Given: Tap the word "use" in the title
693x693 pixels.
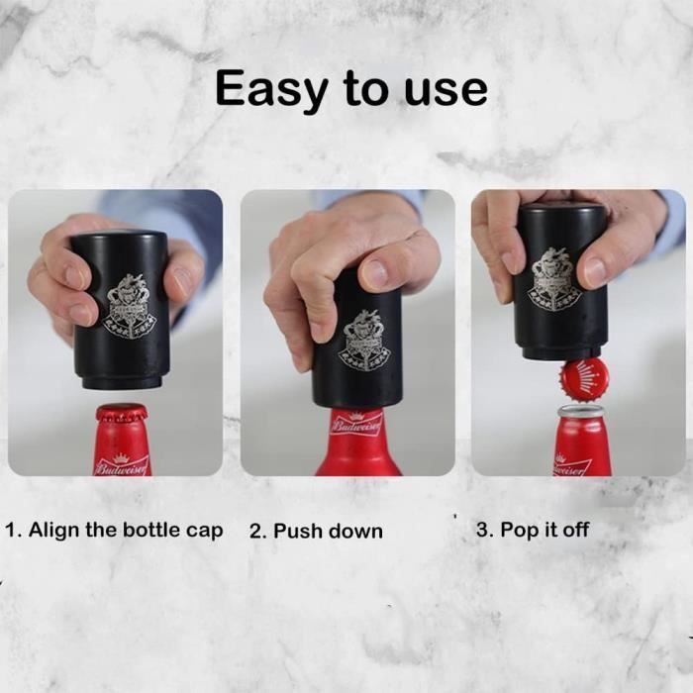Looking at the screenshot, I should [445, 89].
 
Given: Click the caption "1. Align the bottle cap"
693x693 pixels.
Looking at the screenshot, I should [115, 530].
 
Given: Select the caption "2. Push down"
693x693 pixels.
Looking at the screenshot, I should [316, 531].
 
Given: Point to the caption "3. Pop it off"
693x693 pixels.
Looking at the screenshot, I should [532, 530].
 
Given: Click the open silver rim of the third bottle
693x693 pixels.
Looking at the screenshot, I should [582, 411].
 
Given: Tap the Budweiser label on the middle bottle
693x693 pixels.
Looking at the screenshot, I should [356, 424].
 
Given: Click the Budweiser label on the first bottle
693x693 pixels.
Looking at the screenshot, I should [121, 464].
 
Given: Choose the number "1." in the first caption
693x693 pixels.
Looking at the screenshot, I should [15, 530].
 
